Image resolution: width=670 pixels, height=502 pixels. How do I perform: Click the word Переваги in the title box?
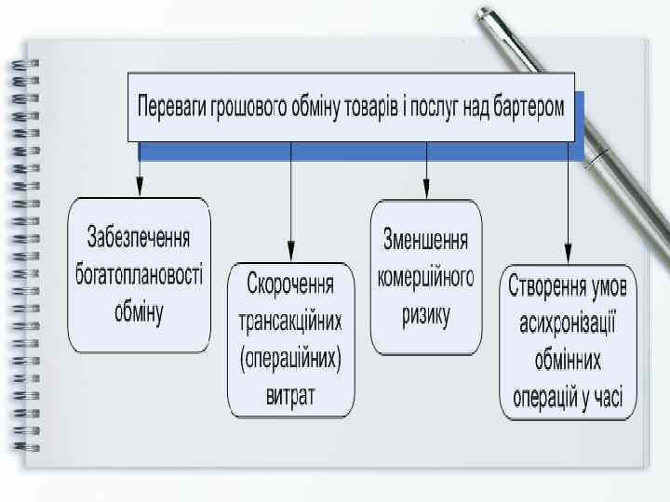click(172, 107)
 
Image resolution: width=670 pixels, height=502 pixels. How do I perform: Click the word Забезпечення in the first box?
click(139, 237)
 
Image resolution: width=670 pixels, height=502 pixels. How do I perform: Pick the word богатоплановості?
click(139, 274)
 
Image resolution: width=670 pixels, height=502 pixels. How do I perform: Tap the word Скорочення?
click(290, 281)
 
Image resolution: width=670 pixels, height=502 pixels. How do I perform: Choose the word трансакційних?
click(290, 321)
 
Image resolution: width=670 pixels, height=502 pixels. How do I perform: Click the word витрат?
click(290, 397)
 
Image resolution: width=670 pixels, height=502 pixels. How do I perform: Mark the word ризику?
click(426, 315)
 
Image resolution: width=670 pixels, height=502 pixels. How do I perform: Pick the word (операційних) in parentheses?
click(290, 359)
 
